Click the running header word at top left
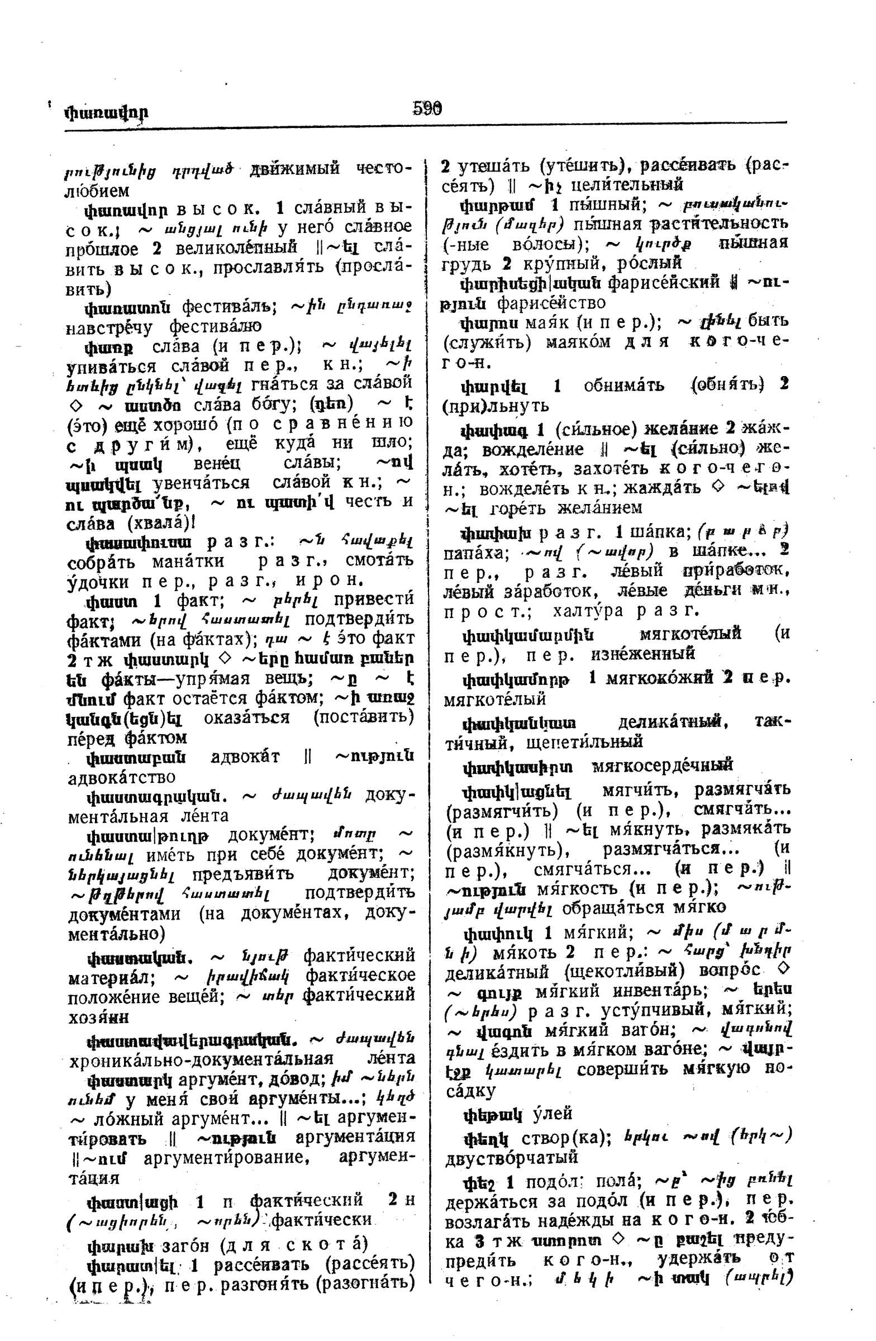107,113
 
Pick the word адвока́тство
121,778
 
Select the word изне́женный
642,654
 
